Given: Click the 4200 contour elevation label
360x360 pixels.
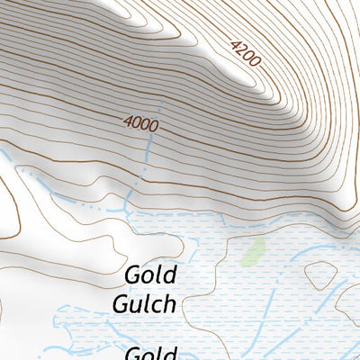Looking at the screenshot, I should coord(245,54).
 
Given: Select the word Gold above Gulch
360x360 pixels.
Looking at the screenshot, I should coord(151,274).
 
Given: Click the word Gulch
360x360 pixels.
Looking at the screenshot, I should coord(144,303).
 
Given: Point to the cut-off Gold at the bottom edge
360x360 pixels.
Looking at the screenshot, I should coord(149,354).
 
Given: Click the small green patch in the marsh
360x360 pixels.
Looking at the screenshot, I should coord(253,251).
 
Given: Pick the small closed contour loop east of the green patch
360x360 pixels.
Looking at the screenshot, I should coord(320,274).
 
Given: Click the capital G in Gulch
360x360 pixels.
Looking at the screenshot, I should coord(121,304).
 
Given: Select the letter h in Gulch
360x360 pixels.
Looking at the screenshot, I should coord(168,303).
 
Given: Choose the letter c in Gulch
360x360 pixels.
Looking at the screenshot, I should coord(157,305).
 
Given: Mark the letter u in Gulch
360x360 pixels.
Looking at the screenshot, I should coord(136,305).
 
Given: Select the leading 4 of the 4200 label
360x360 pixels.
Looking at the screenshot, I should coord(236,44).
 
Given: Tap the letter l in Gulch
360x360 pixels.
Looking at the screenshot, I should coord(147,303).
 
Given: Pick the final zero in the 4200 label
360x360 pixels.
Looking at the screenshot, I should coord(255,63).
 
